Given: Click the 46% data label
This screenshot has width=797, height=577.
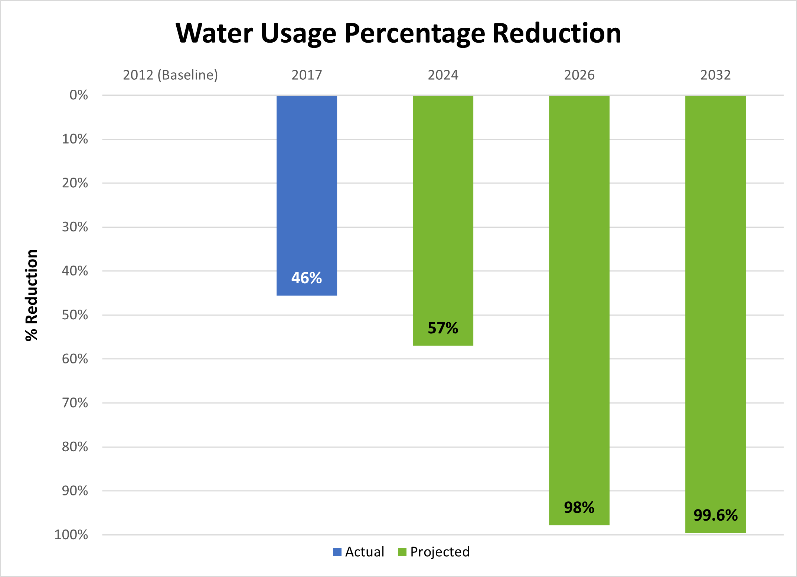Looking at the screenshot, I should point(307,278).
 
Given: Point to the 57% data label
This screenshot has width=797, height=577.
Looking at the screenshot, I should point(443,328).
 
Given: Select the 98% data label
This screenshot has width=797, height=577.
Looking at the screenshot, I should point(579,508).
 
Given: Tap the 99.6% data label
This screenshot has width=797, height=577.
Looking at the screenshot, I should point(715,515).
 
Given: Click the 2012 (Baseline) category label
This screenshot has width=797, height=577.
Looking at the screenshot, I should point(170,75).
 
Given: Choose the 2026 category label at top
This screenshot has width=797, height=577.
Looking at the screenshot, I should point(579,75).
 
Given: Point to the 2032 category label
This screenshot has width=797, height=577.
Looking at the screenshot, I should point(715,75).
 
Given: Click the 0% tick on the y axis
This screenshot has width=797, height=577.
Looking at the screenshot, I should point(79,95).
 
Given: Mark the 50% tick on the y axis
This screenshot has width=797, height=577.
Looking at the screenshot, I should point(75,315).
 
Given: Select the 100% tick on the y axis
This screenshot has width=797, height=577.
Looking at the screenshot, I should point(71,535).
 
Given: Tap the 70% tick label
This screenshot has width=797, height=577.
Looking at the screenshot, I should point(75,403).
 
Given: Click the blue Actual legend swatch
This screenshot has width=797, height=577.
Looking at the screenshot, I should point(337,552).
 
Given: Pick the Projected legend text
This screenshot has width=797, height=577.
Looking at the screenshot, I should point(440,552).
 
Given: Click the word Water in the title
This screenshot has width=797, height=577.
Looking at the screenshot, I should point(214,33).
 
